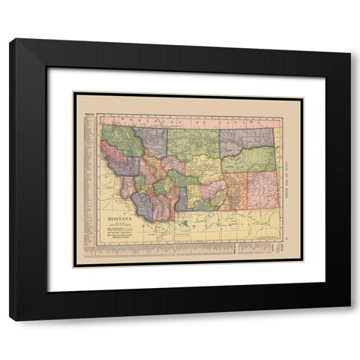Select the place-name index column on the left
pyautogui.click(x=88, y=180)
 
